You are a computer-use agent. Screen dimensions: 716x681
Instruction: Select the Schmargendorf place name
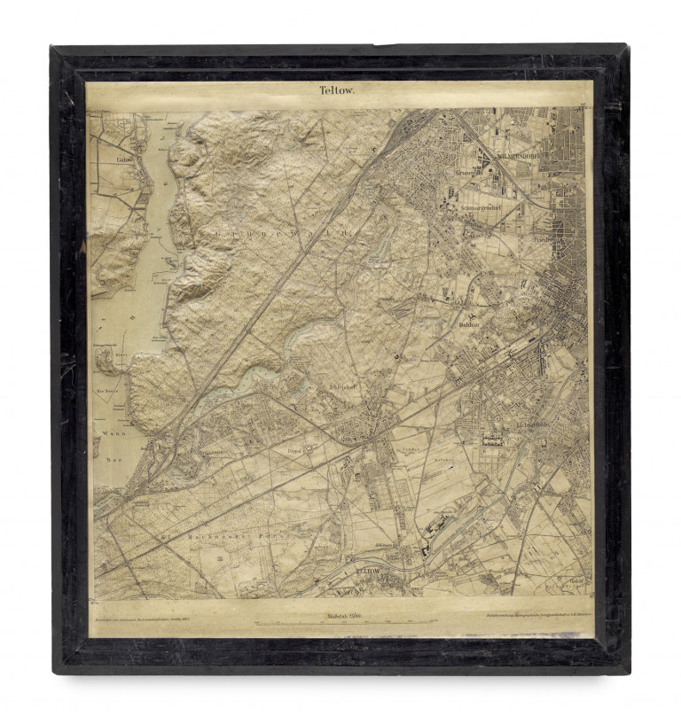pos(482,209)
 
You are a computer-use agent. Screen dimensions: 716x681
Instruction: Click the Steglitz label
pos(532,308)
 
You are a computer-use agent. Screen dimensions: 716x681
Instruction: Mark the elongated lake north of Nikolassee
pos(235,381)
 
